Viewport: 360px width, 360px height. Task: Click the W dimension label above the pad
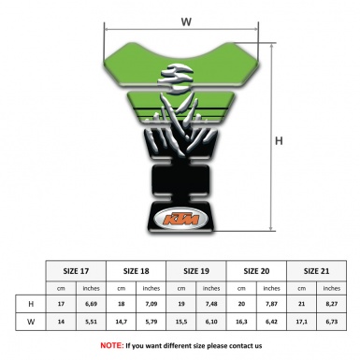(186, 19)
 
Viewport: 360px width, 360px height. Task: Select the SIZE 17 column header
(76, 269)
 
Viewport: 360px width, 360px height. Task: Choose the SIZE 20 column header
(258, 269)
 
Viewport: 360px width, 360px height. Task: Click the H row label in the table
(32, 304)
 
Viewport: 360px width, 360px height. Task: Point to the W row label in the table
(32, 323)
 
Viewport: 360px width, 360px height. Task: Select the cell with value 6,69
(92, 304)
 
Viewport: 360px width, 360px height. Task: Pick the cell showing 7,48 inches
(212, 304)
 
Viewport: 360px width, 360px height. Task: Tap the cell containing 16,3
(243, 323)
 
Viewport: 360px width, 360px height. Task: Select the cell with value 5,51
(92, 323)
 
